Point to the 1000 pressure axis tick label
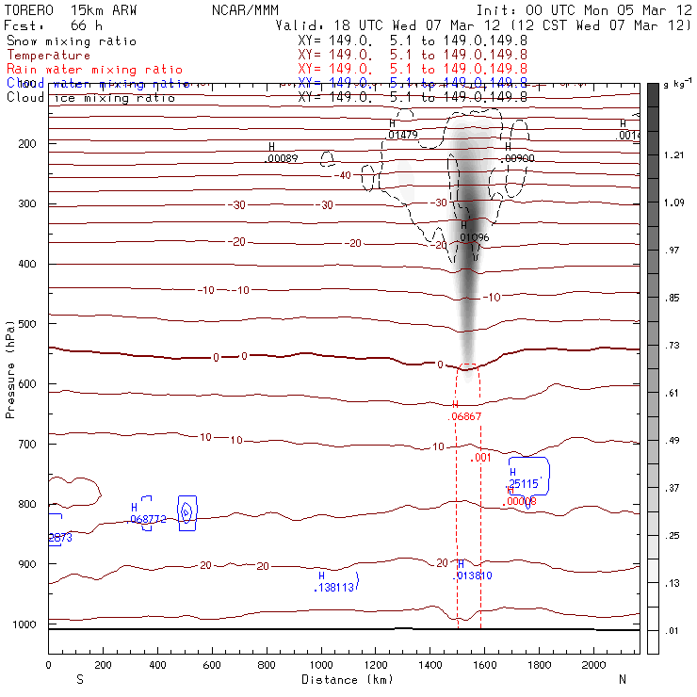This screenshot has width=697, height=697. tap(28, 624)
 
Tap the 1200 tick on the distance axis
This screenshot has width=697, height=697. tap(376, 665)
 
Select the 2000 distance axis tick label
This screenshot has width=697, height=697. tap(594, 665)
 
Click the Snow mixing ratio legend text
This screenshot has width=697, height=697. tap(71, 41)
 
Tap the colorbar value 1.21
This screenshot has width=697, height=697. tap(673, 155)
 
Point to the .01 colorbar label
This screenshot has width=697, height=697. tap(672, 630)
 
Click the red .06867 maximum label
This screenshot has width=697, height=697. tap(465, 415)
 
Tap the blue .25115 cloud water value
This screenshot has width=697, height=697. tap(523, 483)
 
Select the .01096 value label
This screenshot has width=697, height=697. tap(474, 237)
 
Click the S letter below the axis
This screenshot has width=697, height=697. tap(79, 679)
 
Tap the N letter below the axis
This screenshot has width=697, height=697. tap(622, 679)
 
